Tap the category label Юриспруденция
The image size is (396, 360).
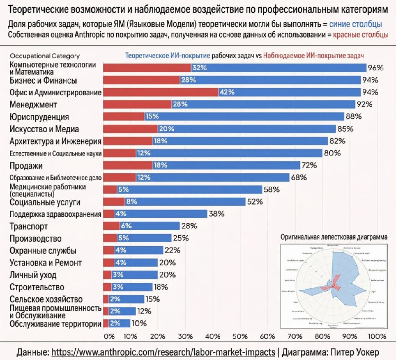click(x=40, y=117)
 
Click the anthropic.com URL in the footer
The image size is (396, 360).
click(x=163, y=352)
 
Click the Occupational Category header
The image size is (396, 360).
click(x=45, y=56)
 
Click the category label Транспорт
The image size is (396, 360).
click(x=29, y=227)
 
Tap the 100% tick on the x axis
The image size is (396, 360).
click(x=377, y=336)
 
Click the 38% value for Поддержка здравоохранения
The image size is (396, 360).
click(x=217, y=214)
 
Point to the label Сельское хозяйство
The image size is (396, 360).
click(x=47, y=299)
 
